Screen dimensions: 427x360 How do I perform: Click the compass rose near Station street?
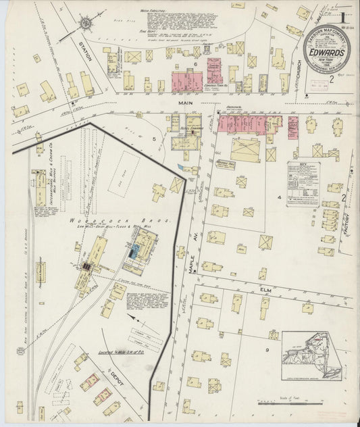(86, 24)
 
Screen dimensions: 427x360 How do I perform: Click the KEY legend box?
(303, 183)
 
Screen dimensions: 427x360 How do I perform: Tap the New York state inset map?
(311, 355)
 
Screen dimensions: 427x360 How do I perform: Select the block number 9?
(267, 349)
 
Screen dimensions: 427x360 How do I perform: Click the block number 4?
(278, 196)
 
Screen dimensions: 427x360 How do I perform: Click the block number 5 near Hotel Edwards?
(154, 139)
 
